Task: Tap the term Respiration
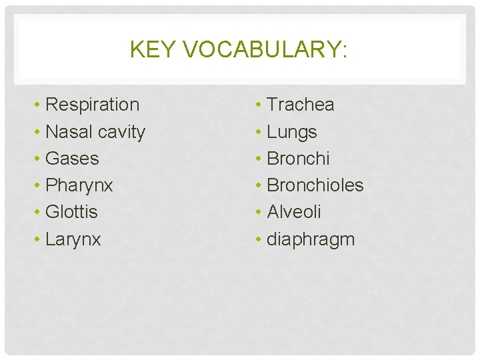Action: (93, 105)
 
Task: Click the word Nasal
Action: (69, 132)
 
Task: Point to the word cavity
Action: (121, 132)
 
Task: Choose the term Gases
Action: (72, 159)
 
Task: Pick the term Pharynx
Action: (79, 185)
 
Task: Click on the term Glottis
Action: (71, 212)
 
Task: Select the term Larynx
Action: (73, 239)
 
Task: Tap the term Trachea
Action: (301, 105)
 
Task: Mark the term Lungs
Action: (292, 132)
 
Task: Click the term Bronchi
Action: (298, 159)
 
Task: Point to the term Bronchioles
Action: (315, 185)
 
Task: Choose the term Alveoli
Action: (294, 212)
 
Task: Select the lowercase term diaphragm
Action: (311, 239)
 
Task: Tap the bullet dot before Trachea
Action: (259, 105)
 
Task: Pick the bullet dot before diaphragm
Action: (259, 240)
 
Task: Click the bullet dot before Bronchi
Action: (259, 159)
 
